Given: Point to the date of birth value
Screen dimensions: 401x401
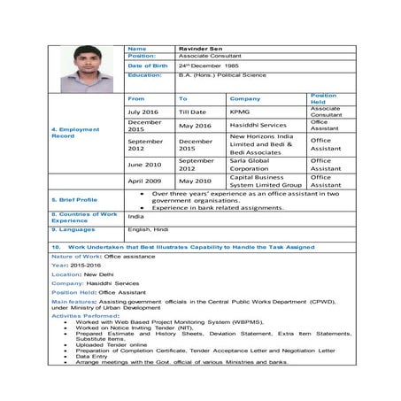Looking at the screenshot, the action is coord(208,66).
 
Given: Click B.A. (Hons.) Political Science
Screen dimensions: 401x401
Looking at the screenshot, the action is coord(221,76).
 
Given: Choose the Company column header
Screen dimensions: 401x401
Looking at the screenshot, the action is coord(245,99).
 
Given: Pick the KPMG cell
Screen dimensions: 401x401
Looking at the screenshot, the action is coord(240,112).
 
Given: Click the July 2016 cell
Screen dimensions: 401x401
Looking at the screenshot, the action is coord(143,112).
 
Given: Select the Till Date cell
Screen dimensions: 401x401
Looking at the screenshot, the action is coord(192,112).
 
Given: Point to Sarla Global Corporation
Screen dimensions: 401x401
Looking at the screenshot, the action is coord(253,164).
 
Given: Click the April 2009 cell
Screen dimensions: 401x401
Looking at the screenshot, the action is coord(143,181).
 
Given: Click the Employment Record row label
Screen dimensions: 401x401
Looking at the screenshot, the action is coord(75,133).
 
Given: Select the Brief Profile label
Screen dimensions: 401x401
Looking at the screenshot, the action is coord(75,200).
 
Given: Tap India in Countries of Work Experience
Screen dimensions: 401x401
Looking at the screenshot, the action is coord(135,216).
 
